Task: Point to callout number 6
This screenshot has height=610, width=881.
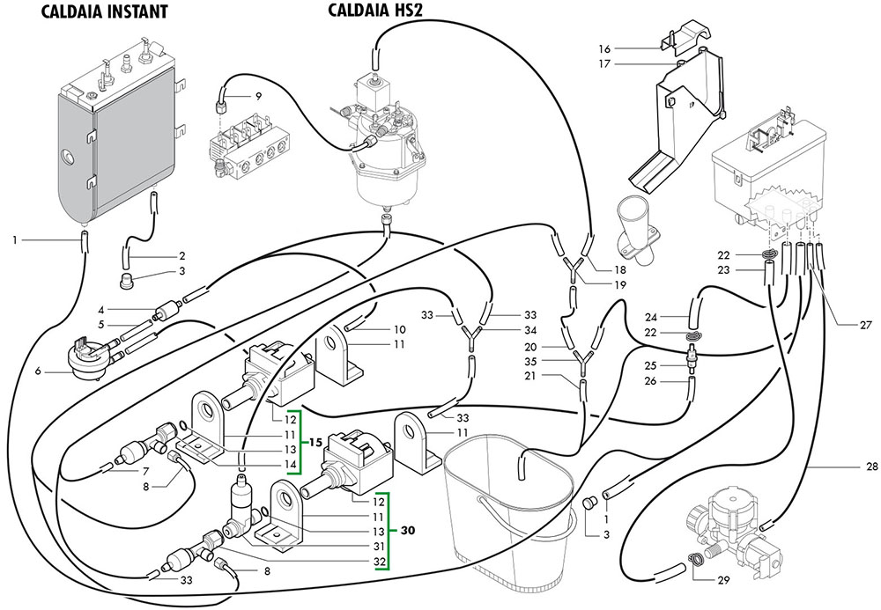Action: click(x=39, y=372)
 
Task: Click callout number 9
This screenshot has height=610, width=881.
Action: click(x=257, y=95)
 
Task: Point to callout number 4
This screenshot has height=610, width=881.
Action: click(x=102, y=309)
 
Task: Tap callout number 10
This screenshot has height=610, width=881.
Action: click(x=399, y=327)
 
